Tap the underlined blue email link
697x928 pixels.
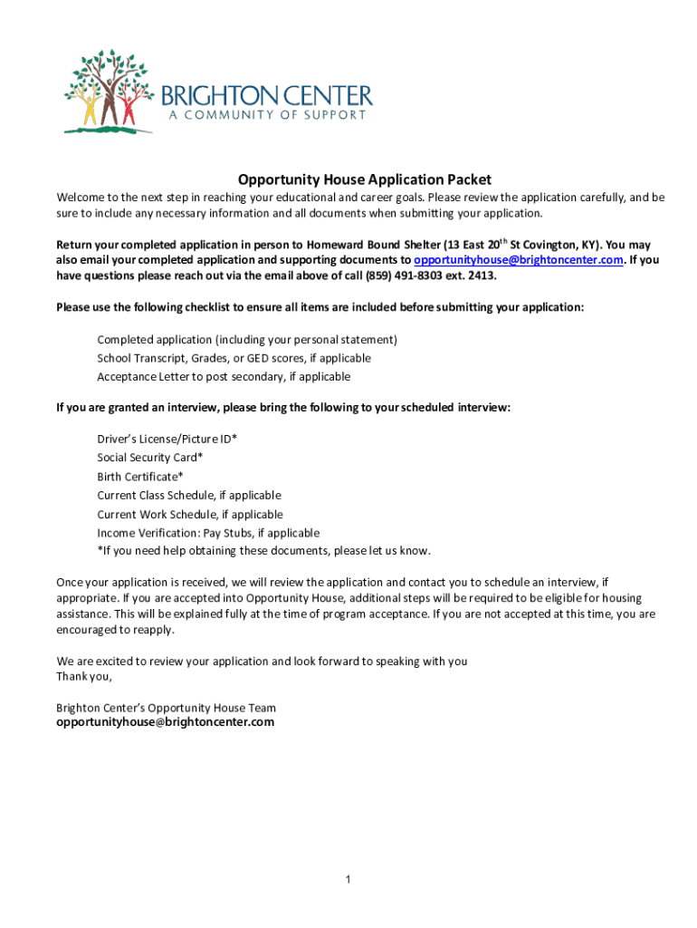519,260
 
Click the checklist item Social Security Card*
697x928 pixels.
149,458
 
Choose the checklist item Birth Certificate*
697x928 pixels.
140,477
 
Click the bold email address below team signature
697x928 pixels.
165,722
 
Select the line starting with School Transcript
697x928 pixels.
234,358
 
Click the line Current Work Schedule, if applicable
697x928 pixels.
189,515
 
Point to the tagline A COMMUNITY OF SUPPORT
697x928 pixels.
265,115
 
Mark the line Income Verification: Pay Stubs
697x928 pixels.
208,533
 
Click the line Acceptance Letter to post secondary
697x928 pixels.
224,377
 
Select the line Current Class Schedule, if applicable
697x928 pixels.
189,496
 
